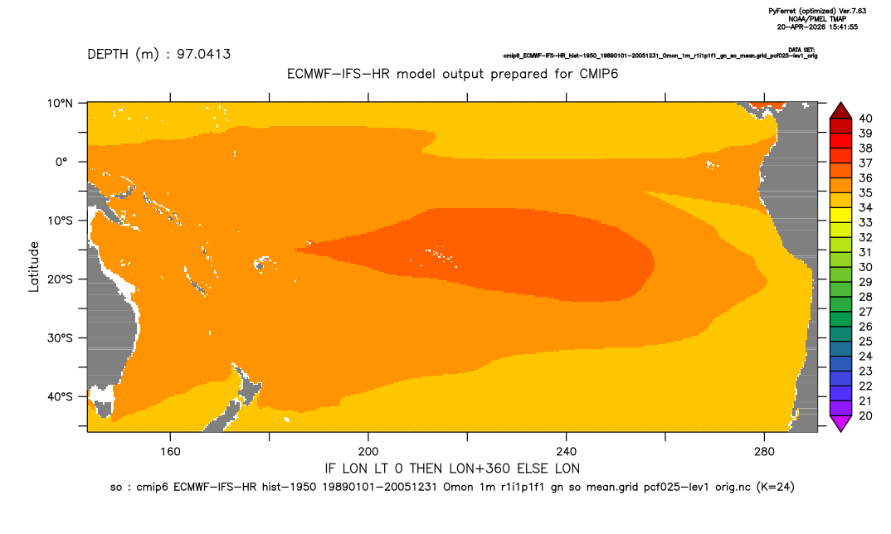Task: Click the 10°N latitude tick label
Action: (x=60, y=104)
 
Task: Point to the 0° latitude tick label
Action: (x=62, y=162)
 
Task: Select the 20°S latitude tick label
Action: (x=60, y=279)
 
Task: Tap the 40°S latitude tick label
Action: (x=60, y=396)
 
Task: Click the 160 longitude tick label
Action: (x=170, y=452)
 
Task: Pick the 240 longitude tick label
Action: (x=567, y=452)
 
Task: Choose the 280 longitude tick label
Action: (x=764, y=452)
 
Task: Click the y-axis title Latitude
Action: (x=34, y=267)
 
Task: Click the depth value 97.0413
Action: (x=203, y=54)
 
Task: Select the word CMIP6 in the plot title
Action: (x=599, y=74)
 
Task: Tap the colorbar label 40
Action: (x=865, y=119)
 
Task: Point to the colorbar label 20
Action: (x=865, y=415)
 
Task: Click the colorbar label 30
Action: (x=865, y=267)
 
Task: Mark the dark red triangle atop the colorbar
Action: (x=840, y=111)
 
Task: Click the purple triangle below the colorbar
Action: (x=840, y=423)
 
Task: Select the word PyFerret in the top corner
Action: (x=781, y=12)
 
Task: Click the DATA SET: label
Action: (x=801, y=50)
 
